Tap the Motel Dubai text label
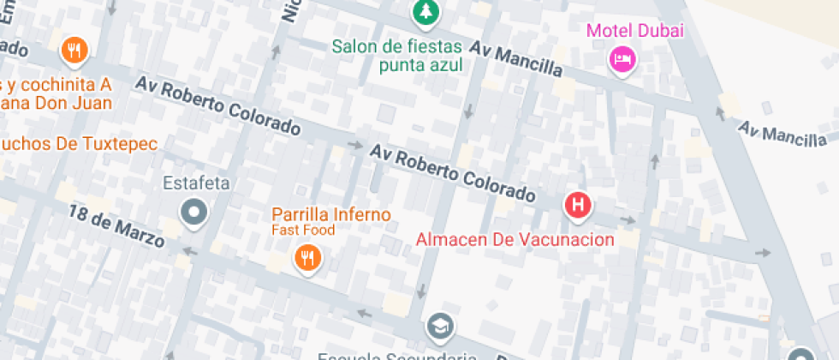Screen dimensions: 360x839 click(x=635, y=32)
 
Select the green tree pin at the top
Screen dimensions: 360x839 click(x=422, y=12)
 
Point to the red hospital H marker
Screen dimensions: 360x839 click(x=578, y=205)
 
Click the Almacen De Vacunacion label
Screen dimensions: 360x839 click(x=515, y=240)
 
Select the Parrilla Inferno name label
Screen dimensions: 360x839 click(x=331, y=214)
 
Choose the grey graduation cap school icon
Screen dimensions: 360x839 click(x=441, y=326)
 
